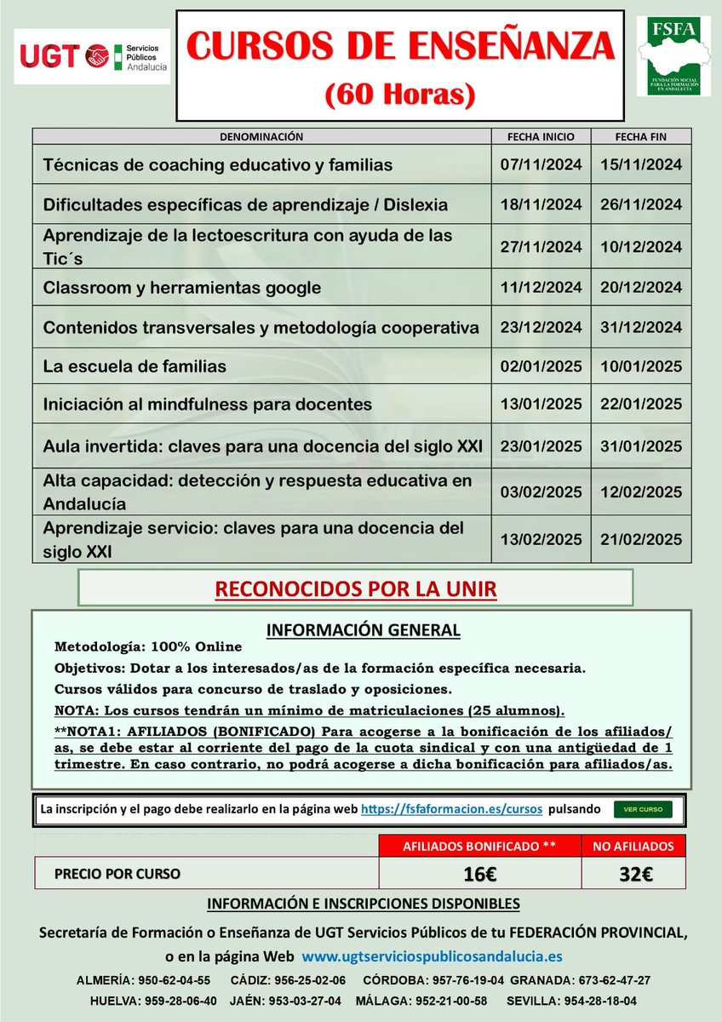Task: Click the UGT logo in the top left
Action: (x=92, y=56)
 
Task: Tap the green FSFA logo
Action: (x=673, y=56)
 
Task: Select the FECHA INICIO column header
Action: (x=541, y=136)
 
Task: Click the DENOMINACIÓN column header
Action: (x=261, y=136)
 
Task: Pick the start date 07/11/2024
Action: (x=541, y=165)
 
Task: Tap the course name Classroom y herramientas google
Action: (x=182, y=288)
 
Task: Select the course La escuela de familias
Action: (x=135, y=367)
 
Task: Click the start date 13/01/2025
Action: (x=541, y=405)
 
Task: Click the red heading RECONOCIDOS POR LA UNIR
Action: (x=355, y=589)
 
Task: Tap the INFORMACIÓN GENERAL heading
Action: (x=364, y=630)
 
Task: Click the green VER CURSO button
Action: (x=643, y=809)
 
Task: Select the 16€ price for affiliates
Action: (x=479, y=873)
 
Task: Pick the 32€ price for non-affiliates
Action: (x=637, y=873)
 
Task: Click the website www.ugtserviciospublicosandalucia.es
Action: (x=432, y=956)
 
